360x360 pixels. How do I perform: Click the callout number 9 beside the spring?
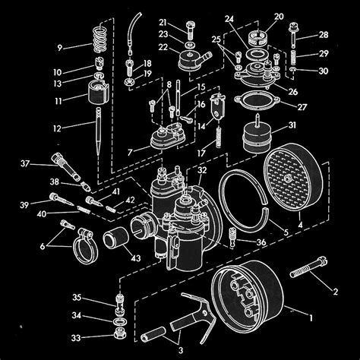click(60, 46)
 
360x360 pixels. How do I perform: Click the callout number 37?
click(24, 163)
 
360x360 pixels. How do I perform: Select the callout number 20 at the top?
click(278, 17)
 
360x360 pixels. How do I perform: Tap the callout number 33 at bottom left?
click(75, 336)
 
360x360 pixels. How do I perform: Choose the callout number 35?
click(77, 297)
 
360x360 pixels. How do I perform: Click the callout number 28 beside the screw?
click(324, 36)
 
